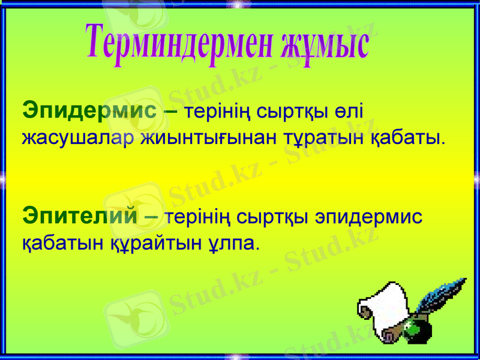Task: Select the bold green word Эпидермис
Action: click(x=89, y=110)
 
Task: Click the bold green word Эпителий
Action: click(x=80, y=215)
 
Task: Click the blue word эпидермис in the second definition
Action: click(x=365, y=216)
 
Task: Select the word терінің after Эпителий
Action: click(x=196, y=215)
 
